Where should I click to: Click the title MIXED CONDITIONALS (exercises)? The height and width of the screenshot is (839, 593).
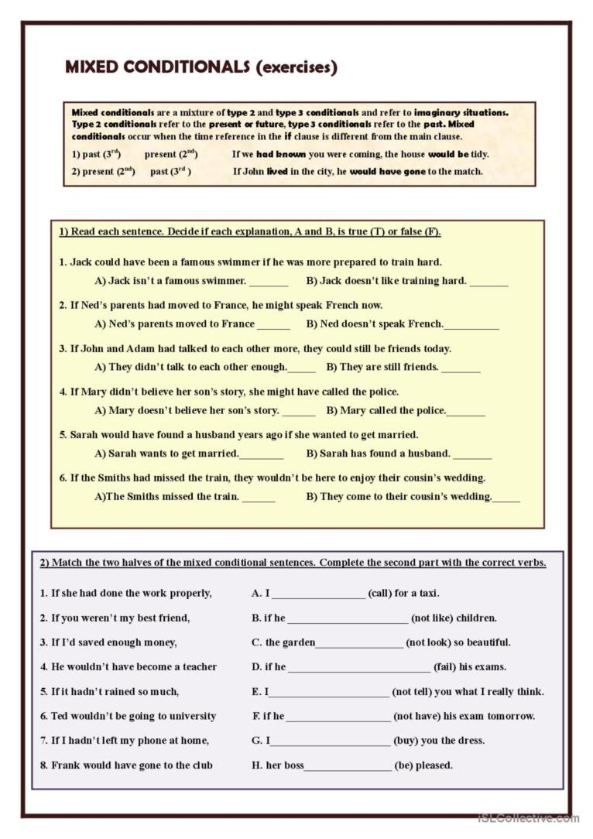click(201, 67)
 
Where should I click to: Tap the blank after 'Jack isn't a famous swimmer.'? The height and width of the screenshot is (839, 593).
click(269, 282)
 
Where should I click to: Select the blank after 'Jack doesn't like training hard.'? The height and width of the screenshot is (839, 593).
click(488, 282)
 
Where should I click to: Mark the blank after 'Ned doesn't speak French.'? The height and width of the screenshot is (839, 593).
click(471, 325)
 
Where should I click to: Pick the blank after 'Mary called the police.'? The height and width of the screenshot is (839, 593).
click(466, 412)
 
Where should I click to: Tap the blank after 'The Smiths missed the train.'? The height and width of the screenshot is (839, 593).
click(259, 498)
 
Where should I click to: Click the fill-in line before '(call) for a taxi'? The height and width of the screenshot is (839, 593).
click(318, 594)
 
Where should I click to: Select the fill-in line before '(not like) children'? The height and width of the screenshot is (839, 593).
click(348, 619)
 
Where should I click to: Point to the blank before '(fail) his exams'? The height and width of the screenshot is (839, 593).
click(358, 668)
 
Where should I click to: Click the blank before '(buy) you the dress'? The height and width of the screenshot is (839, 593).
click(331, 741)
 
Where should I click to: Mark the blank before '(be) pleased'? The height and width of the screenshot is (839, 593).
click(348, 766)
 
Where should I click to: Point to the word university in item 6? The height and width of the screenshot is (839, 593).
click(190, 717)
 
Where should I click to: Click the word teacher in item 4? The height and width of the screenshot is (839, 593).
click(199, 667)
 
